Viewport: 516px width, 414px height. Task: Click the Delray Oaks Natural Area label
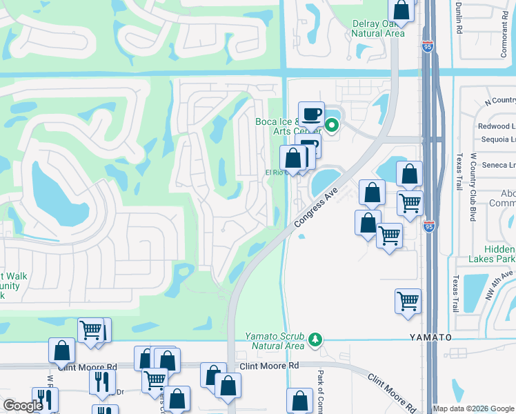tap(377, 28)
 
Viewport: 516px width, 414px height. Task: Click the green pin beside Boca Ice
tap(332, 126)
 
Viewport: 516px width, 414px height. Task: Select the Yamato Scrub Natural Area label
tap(275, 341)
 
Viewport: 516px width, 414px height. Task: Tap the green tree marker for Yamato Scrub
tap(315, 339)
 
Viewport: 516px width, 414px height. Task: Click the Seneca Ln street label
tap(501, 165)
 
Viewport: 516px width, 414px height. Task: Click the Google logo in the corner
tap(23, 406)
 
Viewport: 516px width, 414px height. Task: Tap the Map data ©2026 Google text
tap(473, 408)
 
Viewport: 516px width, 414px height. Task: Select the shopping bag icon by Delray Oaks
tap(400, 10)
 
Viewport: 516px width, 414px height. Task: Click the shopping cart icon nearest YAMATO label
tap(408, 301)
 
